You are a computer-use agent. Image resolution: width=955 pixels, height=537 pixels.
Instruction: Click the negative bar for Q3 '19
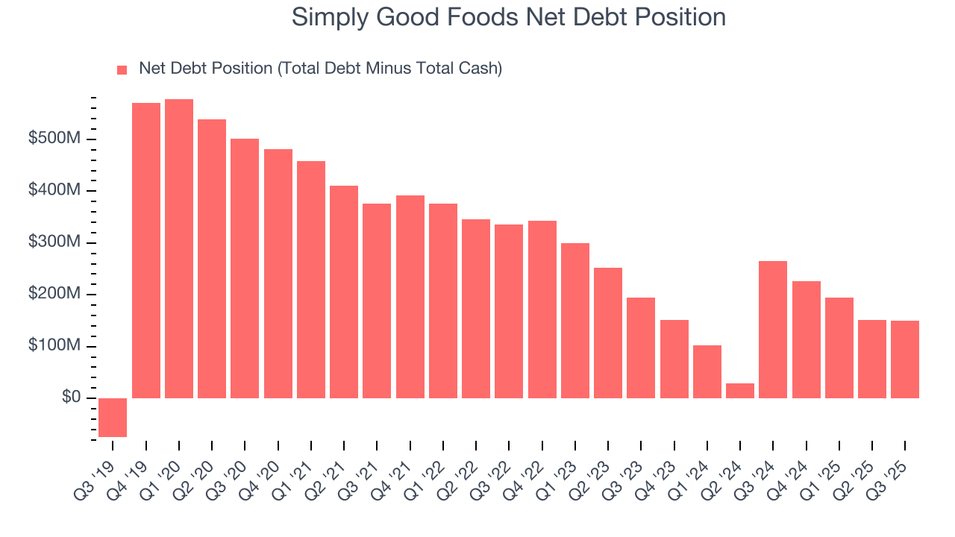click(113, 417)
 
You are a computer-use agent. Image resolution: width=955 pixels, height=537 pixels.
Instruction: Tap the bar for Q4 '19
click(146, 251)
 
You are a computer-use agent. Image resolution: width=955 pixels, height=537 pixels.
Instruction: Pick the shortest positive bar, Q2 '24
click(740, 391)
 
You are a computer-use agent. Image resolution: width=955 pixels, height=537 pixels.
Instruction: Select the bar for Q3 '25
click(905, 359)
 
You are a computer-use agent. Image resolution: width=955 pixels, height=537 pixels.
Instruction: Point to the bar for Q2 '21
click(344, 292)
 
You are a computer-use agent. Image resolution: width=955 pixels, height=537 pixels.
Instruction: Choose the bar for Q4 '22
click(542, 310)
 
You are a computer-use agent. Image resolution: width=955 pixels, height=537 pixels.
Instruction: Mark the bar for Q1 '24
click(707, 371)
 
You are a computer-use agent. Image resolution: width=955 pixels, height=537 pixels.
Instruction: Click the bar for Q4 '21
click(410, 297)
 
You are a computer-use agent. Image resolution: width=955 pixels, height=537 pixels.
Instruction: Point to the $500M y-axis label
click(54, 139)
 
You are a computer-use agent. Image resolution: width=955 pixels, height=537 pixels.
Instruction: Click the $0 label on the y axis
click(72, 398)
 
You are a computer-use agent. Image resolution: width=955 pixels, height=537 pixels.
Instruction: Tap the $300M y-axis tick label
click(54, 243)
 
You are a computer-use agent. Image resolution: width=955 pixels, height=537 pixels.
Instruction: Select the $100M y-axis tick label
click(54, 346)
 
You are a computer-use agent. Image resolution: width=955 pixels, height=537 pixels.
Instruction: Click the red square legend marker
click(122, 70)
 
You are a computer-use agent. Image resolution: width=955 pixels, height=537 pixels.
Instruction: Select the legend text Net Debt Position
click(206, 69)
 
